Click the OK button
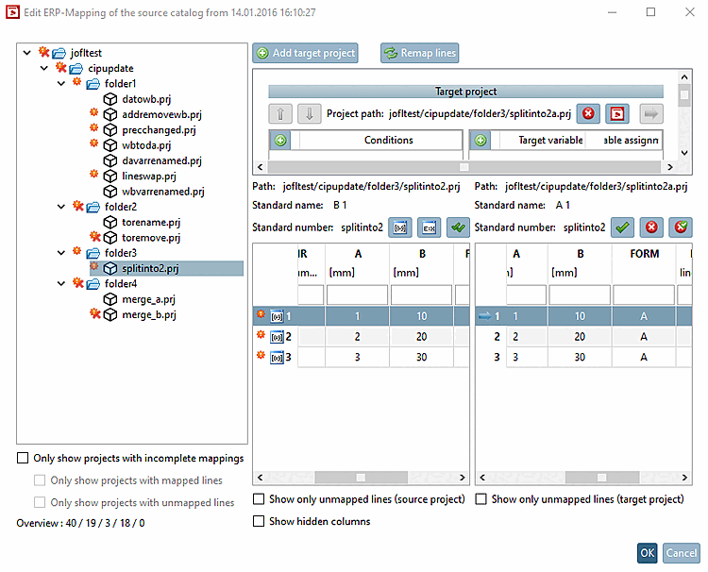pyautogui.click(x=647, y=553)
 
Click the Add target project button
pyautogui.click(x=305, y=53)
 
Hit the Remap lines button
pyautogui.click(x=420, y=53)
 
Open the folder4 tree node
pyautogui.click(x=121, y=283)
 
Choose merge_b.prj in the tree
pyautogui.click(x=148, y=314)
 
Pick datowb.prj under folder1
pyautogui.click(x=146, y=99)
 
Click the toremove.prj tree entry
pyautogui.click(x=151, y=238)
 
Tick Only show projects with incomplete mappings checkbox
pyautogui.click(x=23, y=459)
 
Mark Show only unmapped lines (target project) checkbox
pyautogui.click(x=482, y=498)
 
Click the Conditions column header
pyautogui.click(x=388, y=141)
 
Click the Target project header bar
pyautogui.click(x=465, y=92)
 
